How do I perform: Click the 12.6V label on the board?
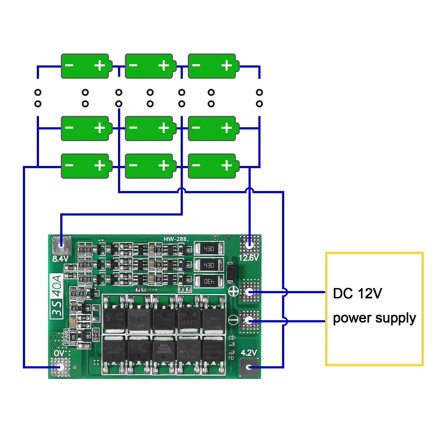pos(248,258)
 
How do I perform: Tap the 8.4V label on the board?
pos(60,259)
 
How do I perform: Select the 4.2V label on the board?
pos(249,353)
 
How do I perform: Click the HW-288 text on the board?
pos(175,239)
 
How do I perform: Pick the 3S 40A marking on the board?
pos(57,296)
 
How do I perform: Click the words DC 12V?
pos(357,293)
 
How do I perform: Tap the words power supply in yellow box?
pos(374,318)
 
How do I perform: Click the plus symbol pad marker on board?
pos(233,291)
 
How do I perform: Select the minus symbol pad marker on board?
pos(233,320)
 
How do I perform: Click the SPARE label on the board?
pos(66,337)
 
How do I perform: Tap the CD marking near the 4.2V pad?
pos(231,338)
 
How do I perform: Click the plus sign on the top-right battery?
pos(226,65)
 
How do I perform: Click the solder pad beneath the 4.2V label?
pos(249,367)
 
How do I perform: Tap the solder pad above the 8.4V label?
pos(61,244)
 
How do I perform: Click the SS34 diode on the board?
pos(230,271)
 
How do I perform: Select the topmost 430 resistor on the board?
pos(209,249)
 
